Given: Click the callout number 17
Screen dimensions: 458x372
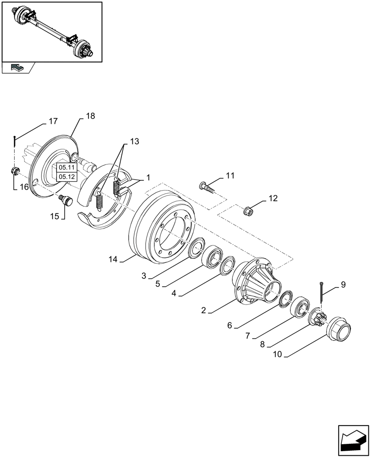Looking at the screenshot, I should [53, 121].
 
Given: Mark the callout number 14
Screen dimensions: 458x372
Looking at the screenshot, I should [113, 259].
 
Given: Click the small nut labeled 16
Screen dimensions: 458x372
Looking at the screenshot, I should [15, 172].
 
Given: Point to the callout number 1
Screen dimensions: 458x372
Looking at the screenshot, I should [148, 177].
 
